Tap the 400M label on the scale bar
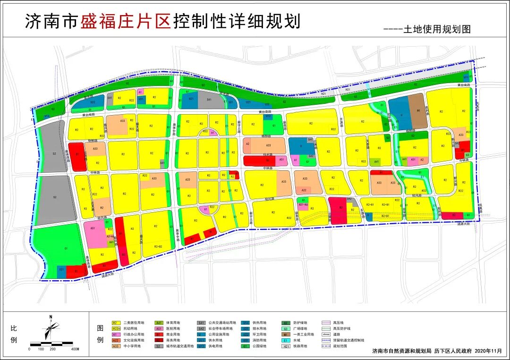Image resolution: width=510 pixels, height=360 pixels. point(75,349)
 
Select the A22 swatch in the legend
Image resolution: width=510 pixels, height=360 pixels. point(115,340)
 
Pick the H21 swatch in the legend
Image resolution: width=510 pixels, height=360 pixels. point(286,346)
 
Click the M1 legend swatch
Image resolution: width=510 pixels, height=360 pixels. point(286,334)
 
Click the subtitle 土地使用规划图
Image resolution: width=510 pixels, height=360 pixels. point(437,29)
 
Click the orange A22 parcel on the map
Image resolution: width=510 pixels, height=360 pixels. point(304,190)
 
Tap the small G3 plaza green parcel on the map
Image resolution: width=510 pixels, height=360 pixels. point(467,155)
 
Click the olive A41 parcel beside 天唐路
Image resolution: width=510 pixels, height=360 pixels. point(376,162)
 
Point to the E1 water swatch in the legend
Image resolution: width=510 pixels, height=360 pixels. point(286,340)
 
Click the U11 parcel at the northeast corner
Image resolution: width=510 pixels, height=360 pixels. point(466,77)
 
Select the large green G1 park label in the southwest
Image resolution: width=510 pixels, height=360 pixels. point(66,248)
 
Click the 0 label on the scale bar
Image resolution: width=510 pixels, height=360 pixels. point(30,349)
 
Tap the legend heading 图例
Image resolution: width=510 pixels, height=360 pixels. point(100,334)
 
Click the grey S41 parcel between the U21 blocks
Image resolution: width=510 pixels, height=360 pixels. point(208,100)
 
